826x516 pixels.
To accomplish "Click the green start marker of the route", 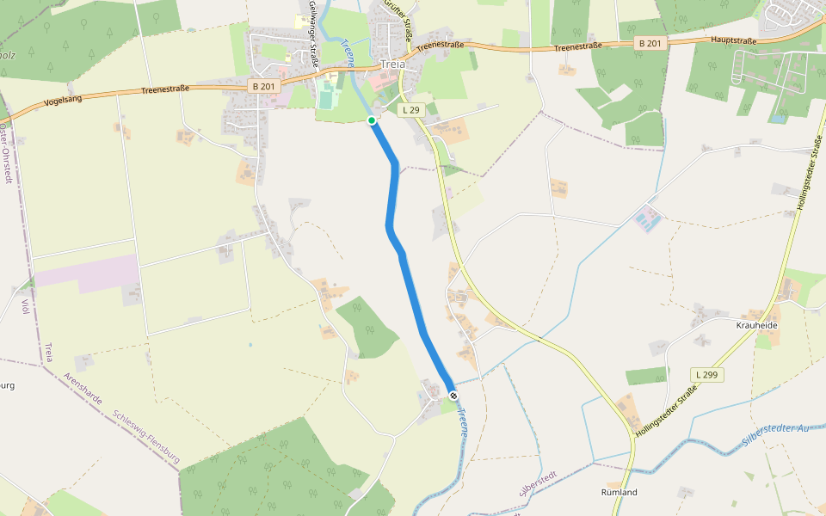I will point(372,120).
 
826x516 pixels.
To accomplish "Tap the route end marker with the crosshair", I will point(453,396).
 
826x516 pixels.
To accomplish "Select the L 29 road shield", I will point(411,110).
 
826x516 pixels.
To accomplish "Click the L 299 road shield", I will point(706,375).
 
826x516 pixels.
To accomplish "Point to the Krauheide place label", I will point(757,326).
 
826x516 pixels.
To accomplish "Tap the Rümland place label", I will point(619,493).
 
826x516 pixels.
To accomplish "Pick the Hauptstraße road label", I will point(734,40).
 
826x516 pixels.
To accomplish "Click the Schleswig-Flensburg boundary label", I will point(145,437).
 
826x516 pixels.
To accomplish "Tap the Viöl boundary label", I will point(24,307).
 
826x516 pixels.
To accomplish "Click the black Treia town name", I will point(392,64).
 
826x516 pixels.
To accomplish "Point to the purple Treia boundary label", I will point(49,353).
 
